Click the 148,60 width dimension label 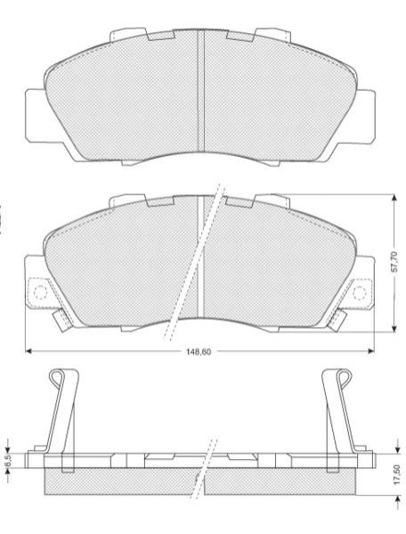199,352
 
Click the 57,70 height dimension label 394,262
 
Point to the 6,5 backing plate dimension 9,460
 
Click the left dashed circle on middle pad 40,292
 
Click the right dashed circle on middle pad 360,292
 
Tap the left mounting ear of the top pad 36,116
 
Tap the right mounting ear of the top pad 366,116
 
